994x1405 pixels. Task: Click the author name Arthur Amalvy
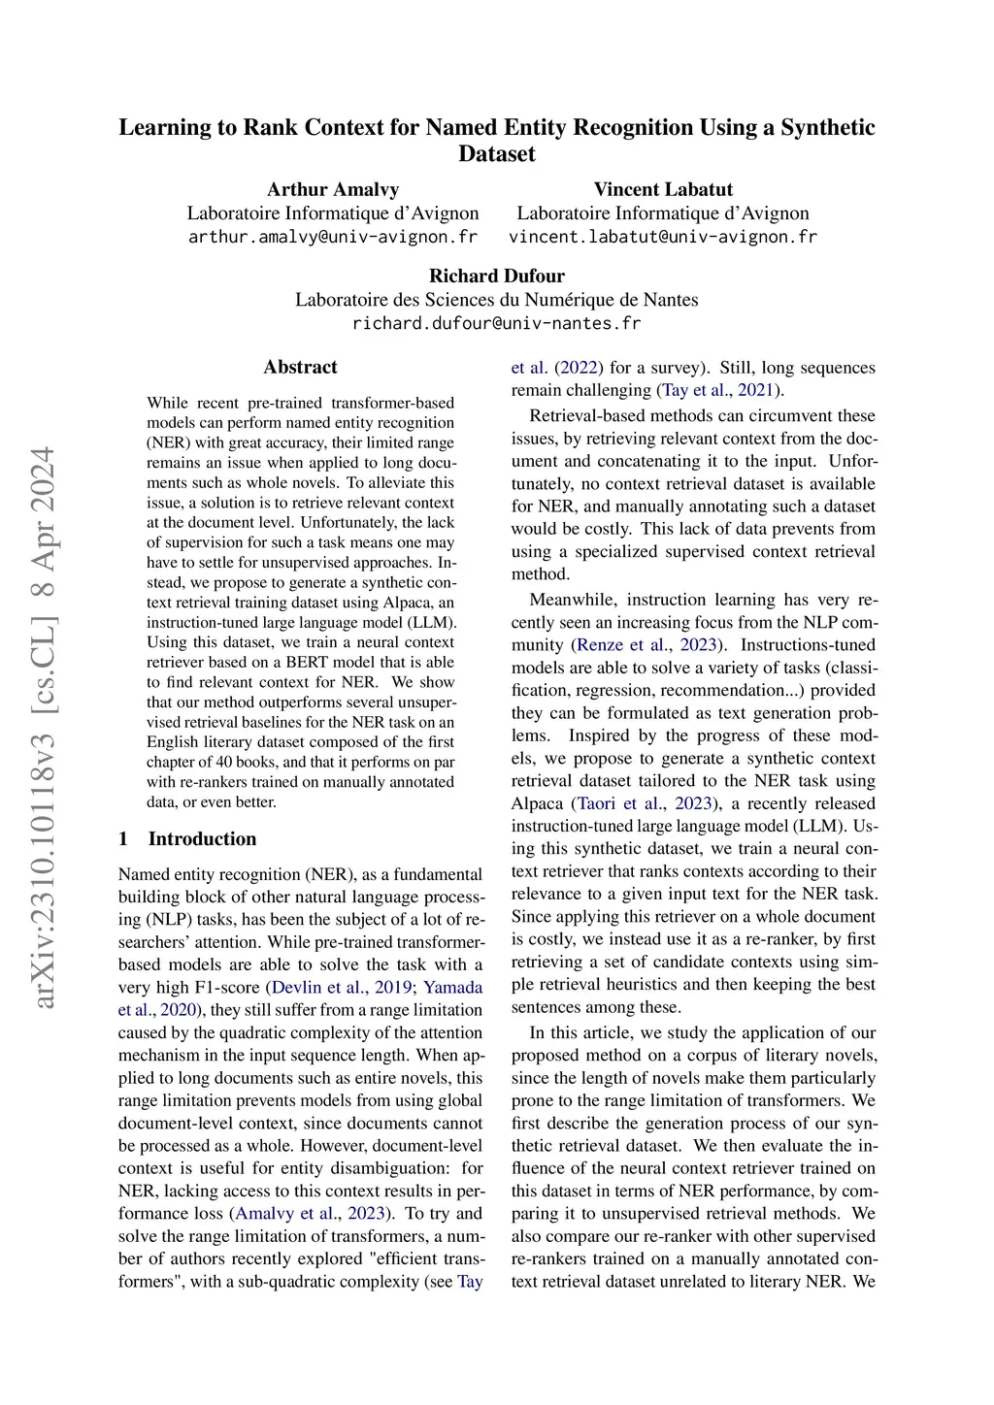tap(333, 189)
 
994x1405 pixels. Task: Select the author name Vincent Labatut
tap(663, 189)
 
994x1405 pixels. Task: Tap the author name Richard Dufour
tap(497, 276)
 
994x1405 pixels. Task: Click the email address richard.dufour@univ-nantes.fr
tap(497, 323)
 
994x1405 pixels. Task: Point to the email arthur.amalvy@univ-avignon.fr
tap(333, 237)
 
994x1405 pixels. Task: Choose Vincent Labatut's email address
tap(663, 237)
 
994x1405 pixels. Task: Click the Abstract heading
tap(300, 367)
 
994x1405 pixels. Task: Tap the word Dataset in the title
tap(497, 153)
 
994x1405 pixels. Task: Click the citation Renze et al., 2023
tap(647, 645)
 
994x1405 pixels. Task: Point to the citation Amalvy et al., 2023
tap(311, 1214)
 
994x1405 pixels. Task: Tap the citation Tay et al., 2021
tap(718, 390)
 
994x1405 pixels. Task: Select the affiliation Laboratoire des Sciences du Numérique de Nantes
tap(497, 300)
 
